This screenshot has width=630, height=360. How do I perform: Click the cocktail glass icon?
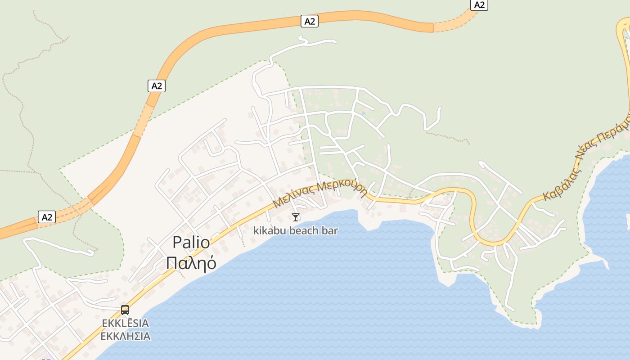click(x=296, y=217)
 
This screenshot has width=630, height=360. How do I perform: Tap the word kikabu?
click(x=269, y=231)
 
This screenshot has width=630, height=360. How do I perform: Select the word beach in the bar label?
click(x=304, y=231)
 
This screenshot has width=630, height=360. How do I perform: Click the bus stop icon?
click(x=125, y=310)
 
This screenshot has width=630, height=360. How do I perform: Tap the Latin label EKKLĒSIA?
click(x=126, y=324)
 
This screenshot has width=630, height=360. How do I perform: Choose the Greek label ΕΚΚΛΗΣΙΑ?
click(x=126, y=336)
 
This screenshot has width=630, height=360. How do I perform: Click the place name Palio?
click(x=191, y=243)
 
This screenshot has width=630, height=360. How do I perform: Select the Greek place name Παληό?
click(x=191, y=263)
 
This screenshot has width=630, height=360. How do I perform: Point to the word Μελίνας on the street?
click(x=293, y=197)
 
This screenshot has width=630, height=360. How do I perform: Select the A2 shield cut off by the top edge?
click(x=479, y=4)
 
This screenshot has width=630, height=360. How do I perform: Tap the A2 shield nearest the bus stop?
click(x=47, y=217)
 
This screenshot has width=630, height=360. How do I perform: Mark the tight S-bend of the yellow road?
click(x=472, y=216)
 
